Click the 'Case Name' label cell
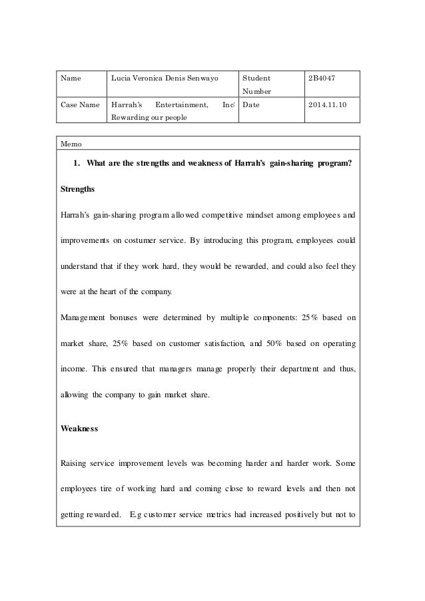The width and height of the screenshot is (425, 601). point(79,104)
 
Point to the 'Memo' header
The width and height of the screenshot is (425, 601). point(70,143)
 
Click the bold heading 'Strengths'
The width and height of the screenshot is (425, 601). point(78,189)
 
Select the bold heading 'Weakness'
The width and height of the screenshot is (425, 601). point(79,429)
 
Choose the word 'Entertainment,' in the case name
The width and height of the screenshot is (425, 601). point(182,104)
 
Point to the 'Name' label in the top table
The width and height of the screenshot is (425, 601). point(71,78)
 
